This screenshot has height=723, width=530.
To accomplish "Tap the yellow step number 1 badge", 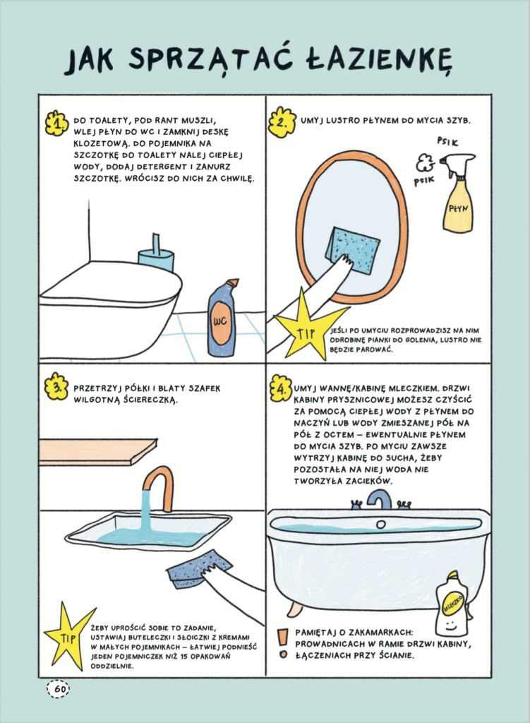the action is [x=56, y=124].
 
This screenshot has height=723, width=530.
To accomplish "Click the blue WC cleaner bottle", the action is [x=221, y=318].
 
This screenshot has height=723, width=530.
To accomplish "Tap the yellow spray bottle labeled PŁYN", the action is [x=457, y=193].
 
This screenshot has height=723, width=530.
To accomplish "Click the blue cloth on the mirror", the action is [x=353, y=250].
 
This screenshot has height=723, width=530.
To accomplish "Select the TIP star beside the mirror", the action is [x=305, y=325].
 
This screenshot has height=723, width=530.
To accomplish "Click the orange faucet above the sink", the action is [x=157, y=486].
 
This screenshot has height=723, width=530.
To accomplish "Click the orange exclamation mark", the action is [x=283, y=644].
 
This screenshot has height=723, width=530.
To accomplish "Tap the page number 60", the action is [x=58, y=689].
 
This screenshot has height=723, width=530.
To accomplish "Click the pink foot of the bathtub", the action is [x=294, y=609].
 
